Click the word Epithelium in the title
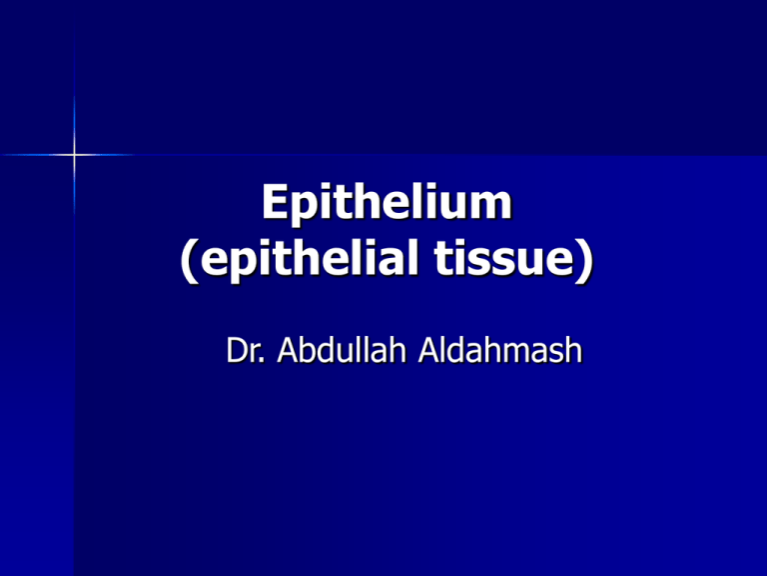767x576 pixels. [386, 203]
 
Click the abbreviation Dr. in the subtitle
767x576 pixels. [246, 350]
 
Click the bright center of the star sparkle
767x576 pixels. [74, 155]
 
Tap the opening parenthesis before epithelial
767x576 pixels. [190, 260]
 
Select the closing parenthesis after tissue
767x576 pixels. [585, 260]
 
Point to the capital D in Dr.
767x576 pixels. [238, 350]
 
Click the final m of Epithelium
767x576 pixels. [490, 205]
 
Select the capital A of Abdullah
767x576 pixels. [289, 350]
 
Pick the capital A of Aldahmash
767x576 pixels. [430, 350]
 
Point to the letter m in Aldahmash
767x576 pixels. [523, 353]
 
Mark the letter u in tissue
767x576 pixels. [525, 262]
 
